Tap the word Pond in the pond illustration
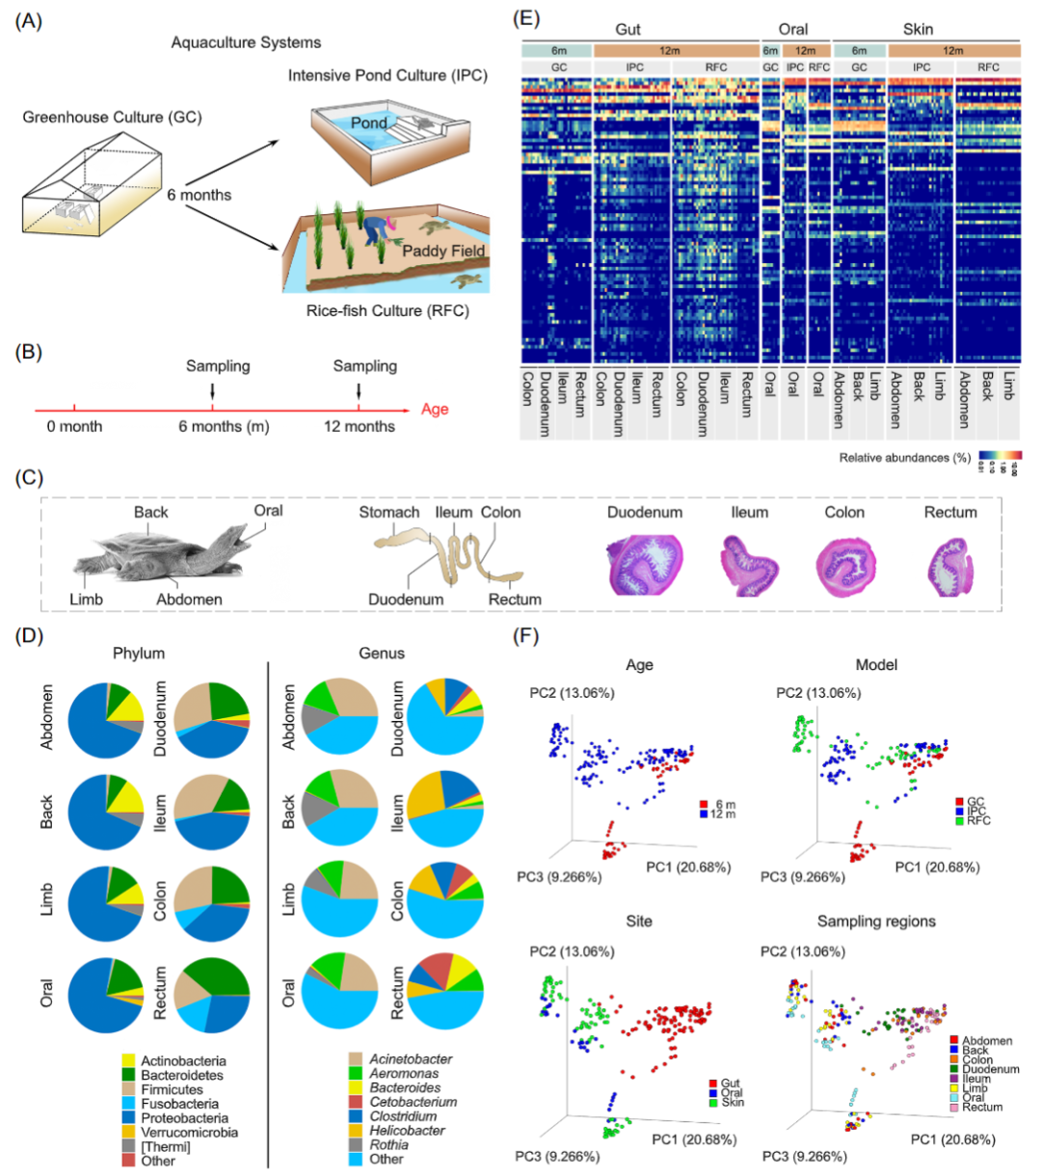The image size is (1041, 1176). [368, 123]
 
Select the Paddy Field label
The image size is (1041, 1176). [443, 251]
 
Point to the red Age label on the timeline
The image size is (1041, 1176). [435, 410]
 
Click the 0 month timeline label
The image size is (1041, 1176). [74, 426]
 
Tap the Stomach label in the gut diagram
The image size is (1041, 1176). [389, 513]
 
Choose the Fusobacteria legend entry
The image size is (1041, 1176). [179, 1104]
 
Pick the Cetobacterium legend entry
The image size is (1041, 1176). [413, 1102]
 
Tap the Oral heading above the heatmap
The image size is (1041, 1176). [793, 30]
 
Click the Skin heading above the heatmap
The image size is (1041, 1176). [918, 30]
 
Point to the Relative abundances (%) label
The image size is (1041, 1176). [904, 458]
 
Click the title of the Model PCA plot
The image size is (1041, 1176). [876, 665]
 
